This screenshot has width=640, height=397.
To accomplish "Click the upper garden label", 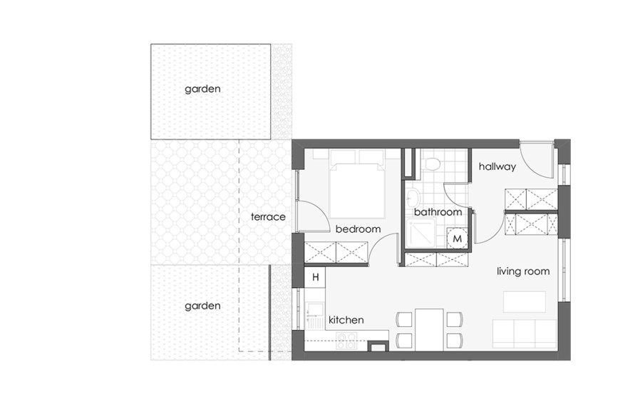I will pos(202,89).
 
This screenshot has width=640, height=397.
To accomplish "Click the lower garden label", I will pos(202,306).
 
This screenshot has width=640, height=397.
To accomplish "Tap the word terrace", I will pos(268,216).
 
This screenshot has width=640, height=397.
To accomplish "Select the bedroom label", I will pos(358,229).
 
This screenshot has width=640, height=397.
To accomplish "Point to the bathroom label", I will pos(438,212).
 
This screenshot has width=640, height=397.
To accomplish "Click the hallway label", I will pos(497,166).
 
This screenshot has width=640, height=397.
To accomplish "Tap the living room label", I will pos(523,271).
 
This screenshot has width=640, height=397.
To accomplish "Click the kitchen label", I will pos(346,320).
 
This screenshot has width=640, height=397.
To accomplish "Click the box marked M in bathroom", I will pos(458,238).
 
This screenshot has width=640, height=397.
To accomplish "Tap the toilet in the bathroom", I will pos(431,164).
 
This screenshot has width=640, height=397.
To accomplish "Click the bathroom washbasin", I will pos(413,198).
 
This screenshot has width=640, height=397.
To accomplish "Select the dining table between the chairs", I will pos(429,328).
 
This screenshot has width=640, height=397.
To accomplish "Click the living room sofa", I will pos(525,333).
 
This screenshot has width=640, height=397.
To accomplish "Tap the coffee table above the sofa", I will pos(524,302).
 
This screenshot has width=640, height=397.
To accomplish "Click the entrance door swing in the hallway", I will pos(536,159).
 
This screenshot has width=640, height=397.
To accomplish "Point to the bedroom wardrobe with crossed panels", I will pos(336,252).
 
